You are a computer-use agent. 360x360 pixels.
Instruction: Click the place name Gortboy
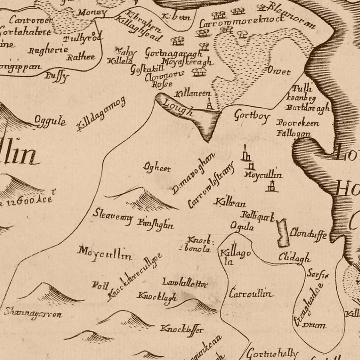click(252, 116)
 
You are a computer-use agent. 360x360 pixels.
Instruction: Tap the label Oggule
click(50, 121)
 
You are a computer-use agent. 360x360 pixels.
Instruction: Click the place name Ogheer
click(157, 168)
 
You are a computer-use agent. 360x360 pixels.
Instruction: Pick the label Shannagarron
click(33, 313)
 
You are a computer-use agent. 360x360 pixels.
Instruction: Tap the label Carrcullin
click(251, 294)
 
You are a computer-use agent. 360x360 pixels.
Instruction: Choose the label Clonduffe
click(308, 233)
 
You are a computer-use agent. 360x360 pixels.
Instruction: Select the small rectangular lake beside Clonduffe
click(283, 233)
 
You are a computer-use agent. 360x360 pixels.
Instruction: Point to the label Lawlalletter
click(185, 283)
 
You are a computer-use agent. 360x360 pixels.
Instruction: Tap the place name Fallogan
click(293, 133)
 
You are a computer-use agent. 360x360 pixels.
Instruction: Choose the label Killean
click(230, 203)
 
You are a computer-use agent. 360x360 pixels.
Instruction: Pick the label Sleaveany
click(112, 214)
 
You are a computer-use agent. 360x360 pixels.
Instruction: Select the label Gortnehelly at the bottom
click(272, 354)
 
